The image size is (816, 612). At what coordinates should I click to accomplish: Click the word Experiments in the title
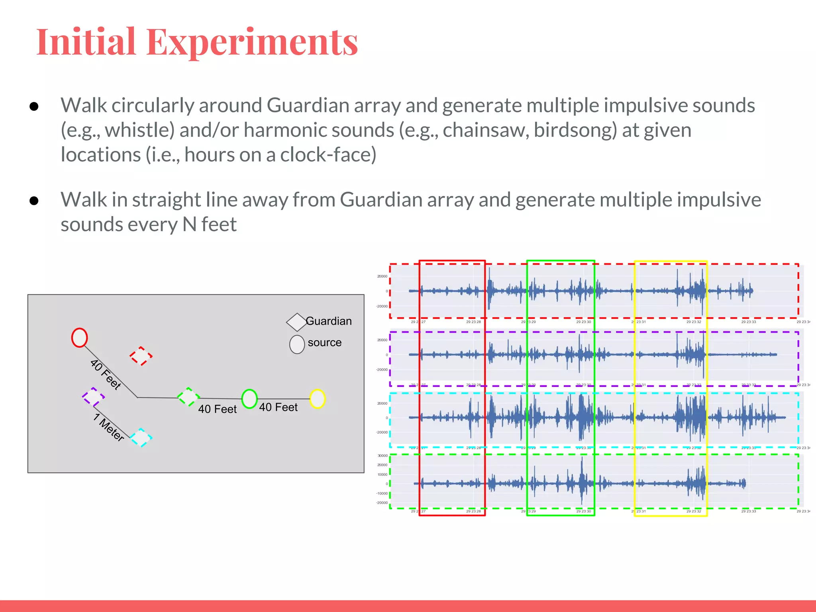pyautogui.click(x=252, y=42)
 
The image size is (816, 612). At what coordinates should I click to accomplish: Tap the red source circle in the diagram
pyautogui.click(x=79, y=337)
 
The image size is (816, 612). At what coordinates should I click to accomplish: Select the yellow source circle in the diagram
pyautogui.click(x=317, y=398)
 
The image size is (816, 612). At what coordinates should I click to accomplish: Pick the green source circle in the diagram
pyautogui.click(x=249, y=398)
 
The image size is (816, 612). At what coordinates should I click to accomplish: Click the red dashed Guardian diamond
pyautogui.click(x=141, y=356)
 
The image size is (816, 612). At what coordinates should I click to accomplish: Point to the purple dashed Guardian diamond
pyautogui.click(x=93, y=397)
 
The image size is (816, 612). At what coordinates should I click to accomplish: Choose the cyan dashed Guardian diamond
pyautogui.click(x=141, y=437)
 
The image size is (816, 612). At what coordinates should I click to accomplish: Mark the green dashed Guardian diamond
pyautogui.click(x=188, y=397)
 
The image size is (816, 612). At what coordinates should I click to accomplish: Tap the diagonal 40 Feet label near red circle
pyautogui.click(x=106, y=374)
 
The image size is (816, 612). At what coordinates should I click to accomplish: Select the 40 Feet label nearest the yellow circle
pyautogui.click(x=278, y=407)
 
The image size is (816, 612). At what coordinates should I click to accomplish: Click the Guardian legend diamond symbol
pyautogui.click(x=296, y=322)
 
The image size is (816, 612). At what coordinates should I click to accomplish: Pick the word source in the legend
pyautogui.click(x=324, y=343)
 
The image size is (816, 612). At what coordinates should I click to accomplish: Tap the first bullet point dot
pyautogui.click(x=34, y=106)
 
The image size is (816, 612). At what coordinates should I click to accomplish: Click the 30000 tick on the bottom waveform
pyautogui.click(x=382, y=455)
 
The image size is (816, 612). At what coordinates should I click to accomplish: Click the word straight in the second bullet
pyautogui.click(x=171, y=200)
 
